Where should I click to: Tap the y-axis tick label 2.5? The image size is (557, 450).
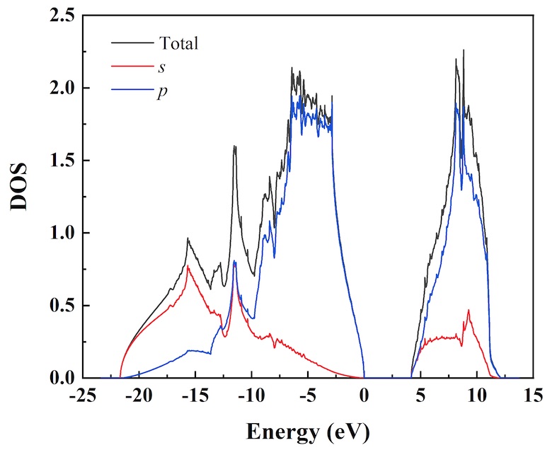tap(60, 16)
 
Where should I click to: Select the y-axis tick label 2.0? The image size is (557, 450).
tap(60, 88)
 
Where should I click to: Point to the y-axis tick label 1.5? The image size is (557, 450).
tap(60, 161)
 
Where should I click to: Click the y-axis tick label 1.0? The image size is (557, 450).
tap(60, 233)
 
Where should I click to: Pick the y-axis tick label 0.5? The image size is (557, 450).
tap(60, 306)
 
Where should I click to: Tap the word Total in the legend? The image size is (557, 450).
tap(178, 43)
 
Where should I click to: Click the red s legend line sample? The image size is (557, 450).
tap(131, 67)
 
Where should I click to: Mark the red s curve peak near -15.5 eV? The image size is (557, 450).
tap(188, 266)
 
